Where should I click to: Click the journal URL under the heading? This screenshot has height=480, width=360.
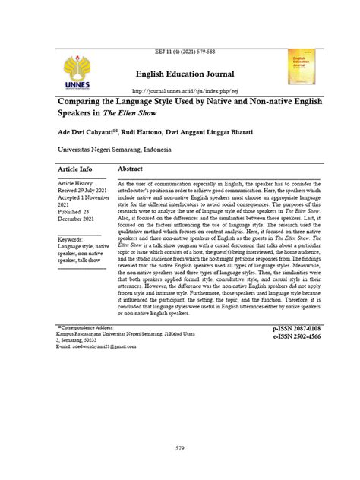point(178,87)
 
